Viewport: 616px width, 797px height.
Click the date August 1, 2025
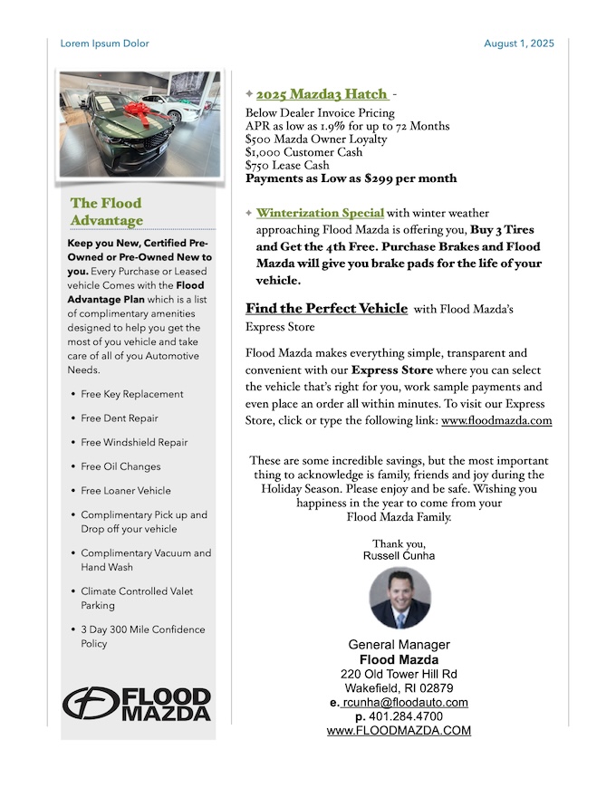point(518,43)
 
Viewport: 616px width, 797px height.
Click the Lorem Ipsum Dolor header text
point(104,43)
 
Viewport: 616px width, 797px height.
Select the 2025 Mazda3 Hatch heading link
point(322,94)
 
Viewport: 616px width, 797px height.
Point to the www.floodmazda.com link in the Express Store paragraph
point(496,421)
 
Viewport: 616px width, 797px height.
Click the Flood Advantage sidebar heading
point(107,212)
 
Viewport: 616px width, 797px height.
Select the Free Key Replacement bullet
point(131,395)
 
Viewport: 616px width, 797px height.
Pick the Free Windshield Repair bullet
point(134,443)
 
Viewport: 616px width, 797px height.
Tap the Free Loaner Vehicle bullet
point(126,491)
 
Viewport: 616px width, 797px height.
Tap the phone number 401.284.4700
point(406,716)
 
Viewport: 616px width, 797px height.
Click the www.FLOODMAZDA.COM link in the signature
point(399,731)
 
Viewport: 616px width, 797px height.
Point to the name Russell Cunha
point(399,555)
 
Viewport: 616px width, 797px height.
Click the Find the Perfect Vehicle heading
point(326,309)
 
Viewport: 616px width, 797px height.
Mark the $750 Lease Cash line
point(287,166)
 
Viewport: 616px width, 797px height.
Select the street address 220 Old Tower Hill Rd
point(399,674)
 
